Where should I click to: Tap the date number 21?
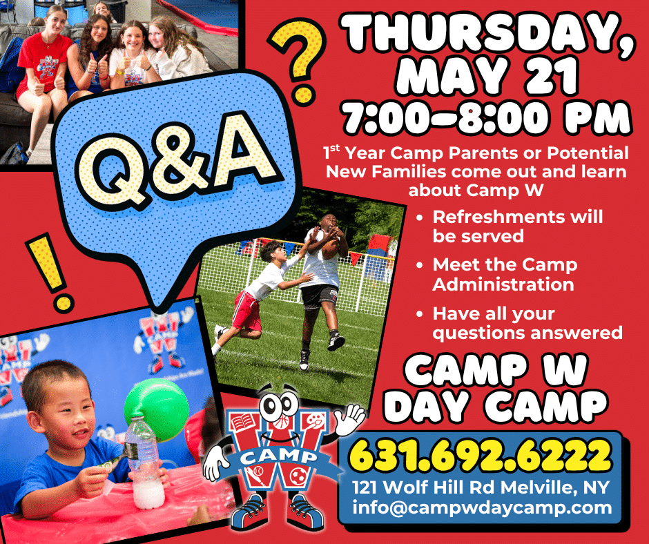[x=550, y=76]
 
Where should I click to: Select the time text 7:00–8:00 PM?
[x=487, y=117]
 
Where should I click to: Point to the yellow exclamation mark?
[x=49, y=271]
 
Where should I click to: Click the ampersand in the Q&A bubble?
[x=179, y=159]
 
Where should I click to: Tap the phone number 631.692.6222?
[x=481, y=455]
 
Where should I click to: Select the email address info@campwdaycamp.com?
[x=482, y=507]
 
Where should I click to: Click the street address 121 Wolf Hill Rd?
[x=424, y=487]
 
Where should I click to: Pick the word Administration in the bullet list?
[x=503, y=284]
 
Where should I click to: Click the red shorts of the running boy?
[x=246, y=310]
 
